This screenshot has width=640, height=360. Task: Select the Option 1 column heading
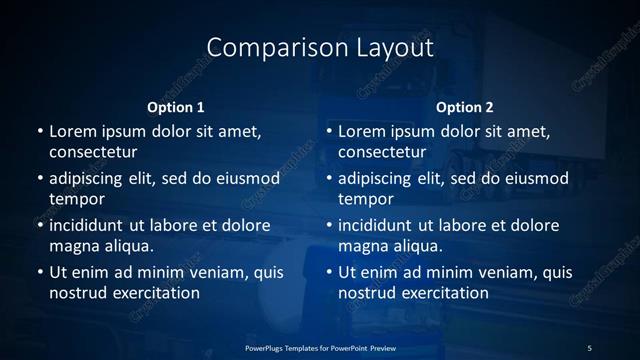tap(175, 106)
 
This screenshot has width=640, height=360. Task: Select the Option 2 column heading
tap(465, 106)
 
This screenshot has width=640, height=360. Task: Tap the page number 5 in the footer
tap(590, 347)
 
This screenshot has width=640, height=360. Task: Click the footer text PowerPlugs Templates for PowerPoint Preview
tap(319, 347)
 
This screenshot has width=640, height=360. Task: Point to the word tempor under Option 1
tap(77, 200)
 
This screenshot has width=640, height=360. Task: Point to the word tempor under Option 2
tap(367, 200)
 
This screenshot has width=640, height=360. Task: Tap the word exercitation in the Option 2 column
tap(445, 294)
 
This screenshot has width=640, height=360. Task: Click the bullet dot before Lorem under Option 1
tap(39, 132)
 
